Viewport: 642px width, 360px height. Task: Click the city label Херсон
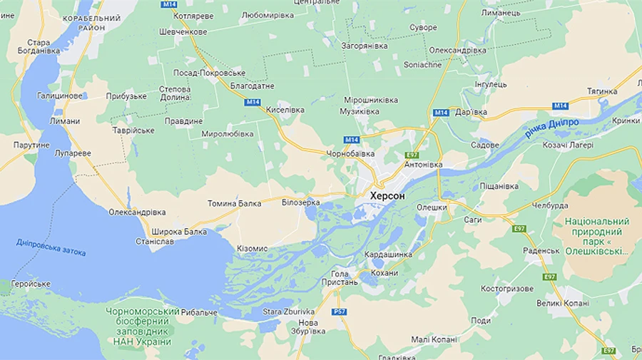pyautogui.click(x=387, y=195)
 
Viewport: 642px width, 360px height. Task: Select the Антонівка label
pyautogui.click(x=423, y=165)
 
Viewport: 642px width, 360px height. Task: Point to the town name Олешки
pyautogui.click(x=432, y=207)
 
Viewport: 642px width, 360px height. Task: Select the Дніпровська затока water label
pyautogui.click(x=51, y=247)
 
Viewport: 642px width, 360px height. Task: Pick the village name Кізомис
pyautogui.click(x=252, y=248)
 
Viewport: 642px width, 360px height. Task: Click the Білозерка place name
pyautogui.click(x=301, y=203)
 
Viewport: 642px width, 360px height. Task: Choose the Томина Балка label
pyautogui.click(x=234, y=203)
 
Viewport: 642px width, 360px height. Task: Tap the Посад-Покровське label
pyautogui.click(x=210, y=73)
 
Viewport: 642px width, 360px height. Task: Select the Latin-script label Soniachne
pyautogui.click(x=423, y=65)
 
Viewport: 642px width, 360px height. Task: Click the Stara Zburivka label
pyautogui.click(x=288, y=312)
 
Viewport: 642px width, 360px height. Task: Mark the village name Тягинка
pyautogui.click(x=602, y=91)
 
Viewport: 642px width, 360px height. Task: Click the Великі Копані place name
pyautogui.click(x=563, y=303)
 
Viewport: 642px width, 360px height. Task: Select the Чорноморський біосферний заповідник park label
pyautogui.click(x=142, y=326)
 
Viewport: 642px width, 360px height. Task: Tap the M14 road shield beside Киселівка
pyautogui.click(x=252, y=102)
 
